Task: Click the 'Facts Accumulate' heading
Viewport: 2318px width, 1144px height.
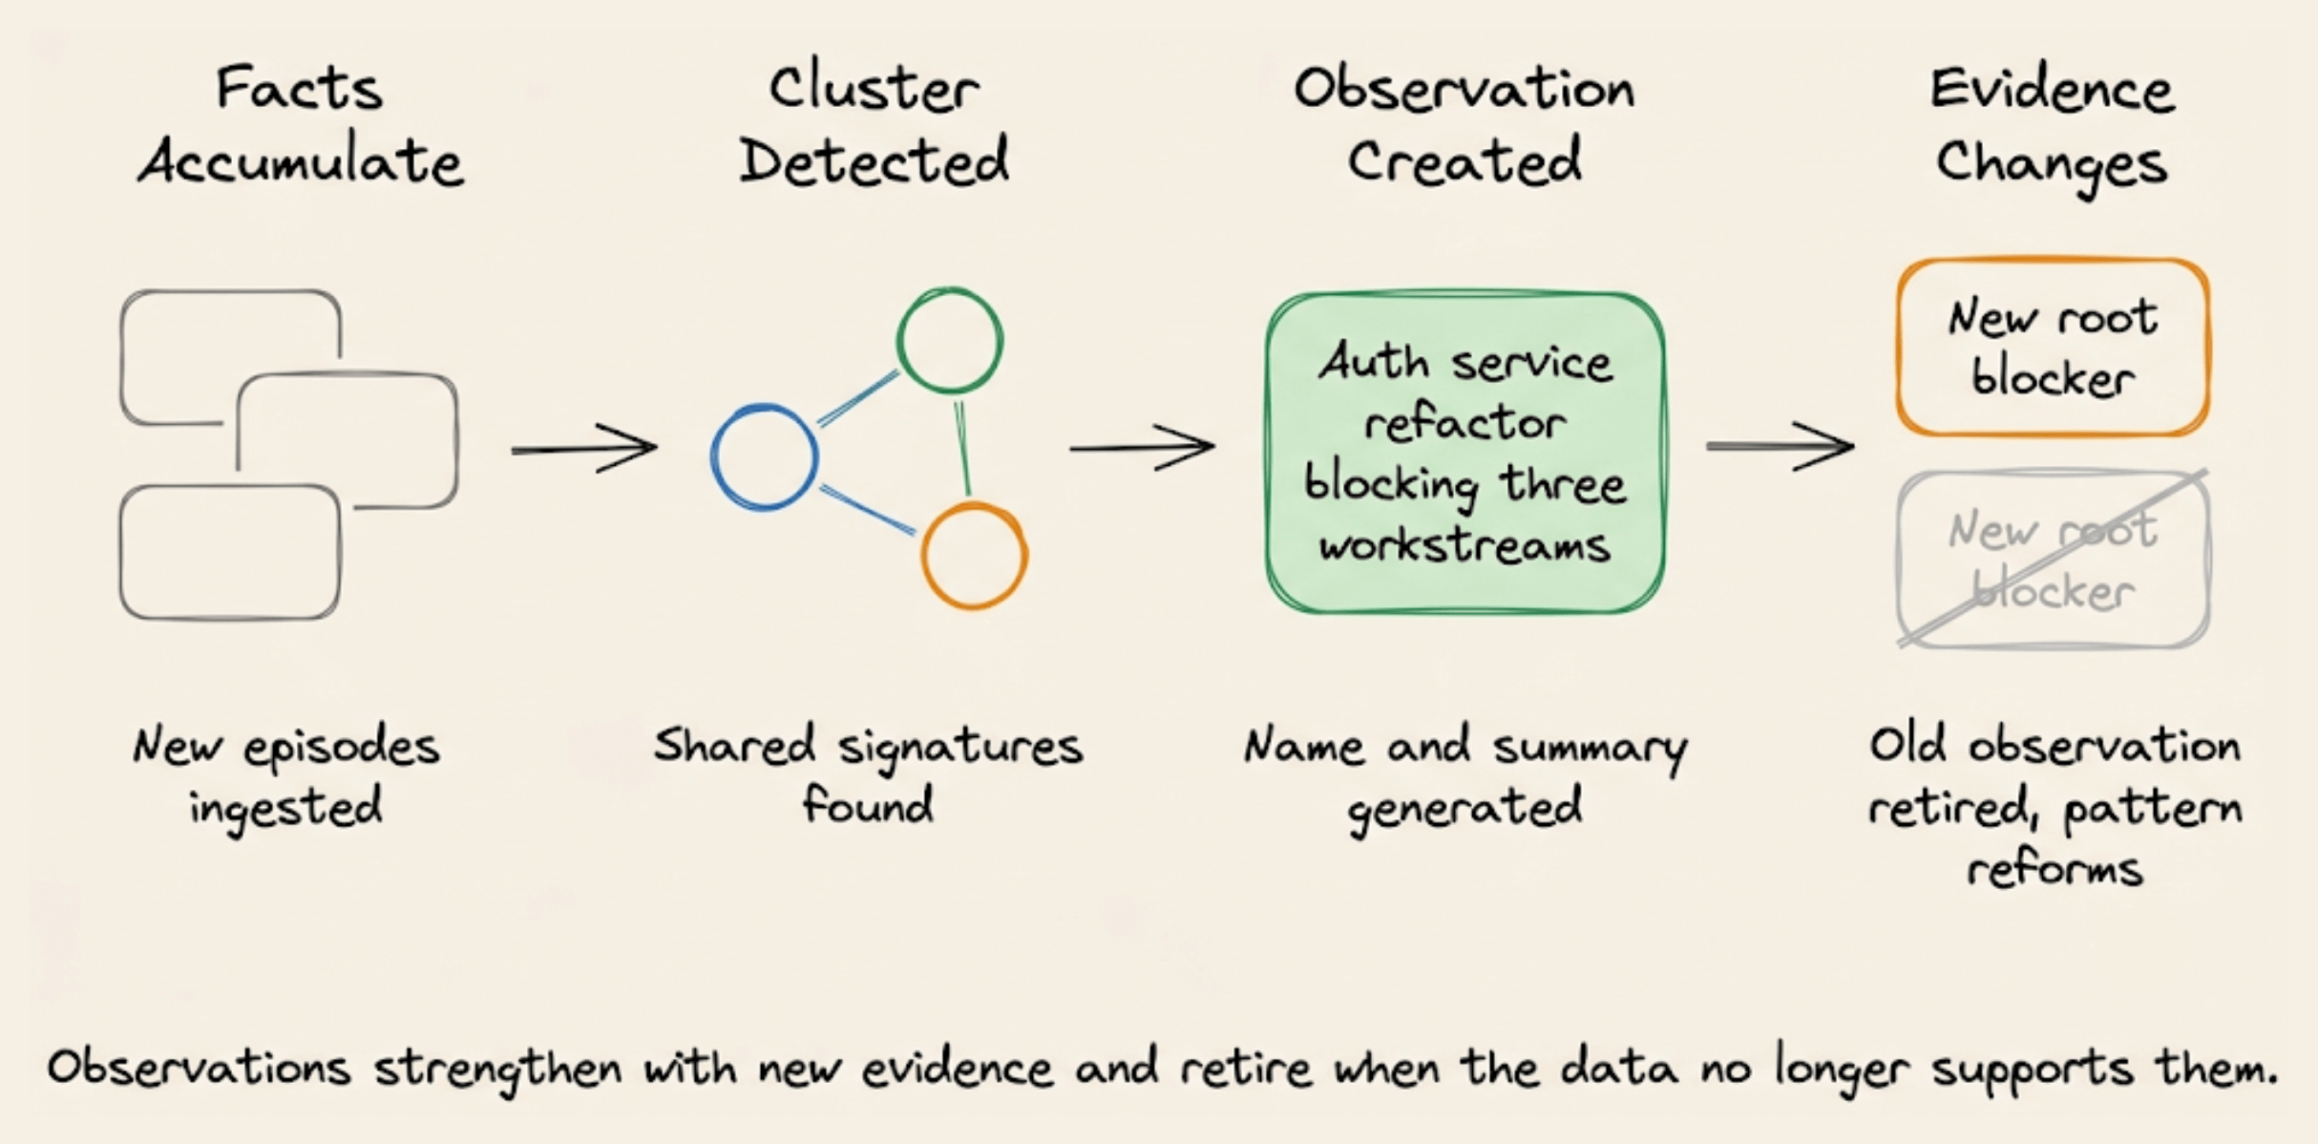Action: [301, 125]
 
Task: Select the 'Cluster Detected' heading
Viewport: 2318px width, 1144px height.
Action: [874, 125]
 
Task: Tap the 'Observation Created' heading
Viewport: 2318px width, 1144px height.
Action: [1465, 125]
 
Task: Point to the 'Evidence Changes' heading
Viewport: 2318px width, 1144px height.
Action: [2052, 129]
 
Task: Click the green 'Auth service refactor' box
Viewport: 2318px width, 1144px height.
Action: [1465, 453]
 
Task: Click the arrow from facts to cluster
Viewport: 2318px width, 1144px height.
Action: [584, 448]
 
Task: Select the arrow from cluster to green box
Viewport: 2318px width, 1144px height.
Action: [1142, 447]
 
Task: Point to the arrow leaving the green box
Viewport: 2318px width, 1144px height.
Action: [1780, 446]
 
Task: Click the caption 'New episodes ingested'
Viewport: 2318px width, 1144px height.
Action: [286, 776]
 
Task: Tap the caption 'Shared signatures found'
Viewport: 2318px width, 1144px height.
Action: [868, 774]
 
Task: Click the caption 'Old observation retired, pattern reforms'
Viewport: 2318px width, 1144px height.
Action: [2055, 806]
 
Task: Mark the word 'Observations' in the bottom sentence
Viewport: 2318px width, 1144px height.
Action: [199, 1067]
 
